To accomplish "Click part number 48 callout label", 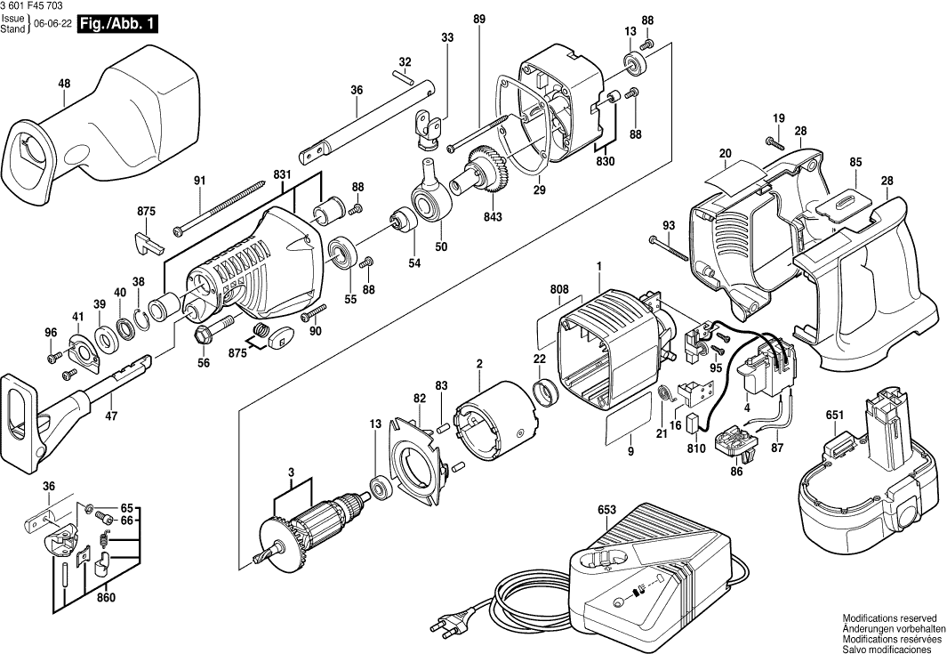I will click(64, 84).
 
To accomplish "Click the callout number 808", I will click(558, 289).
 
